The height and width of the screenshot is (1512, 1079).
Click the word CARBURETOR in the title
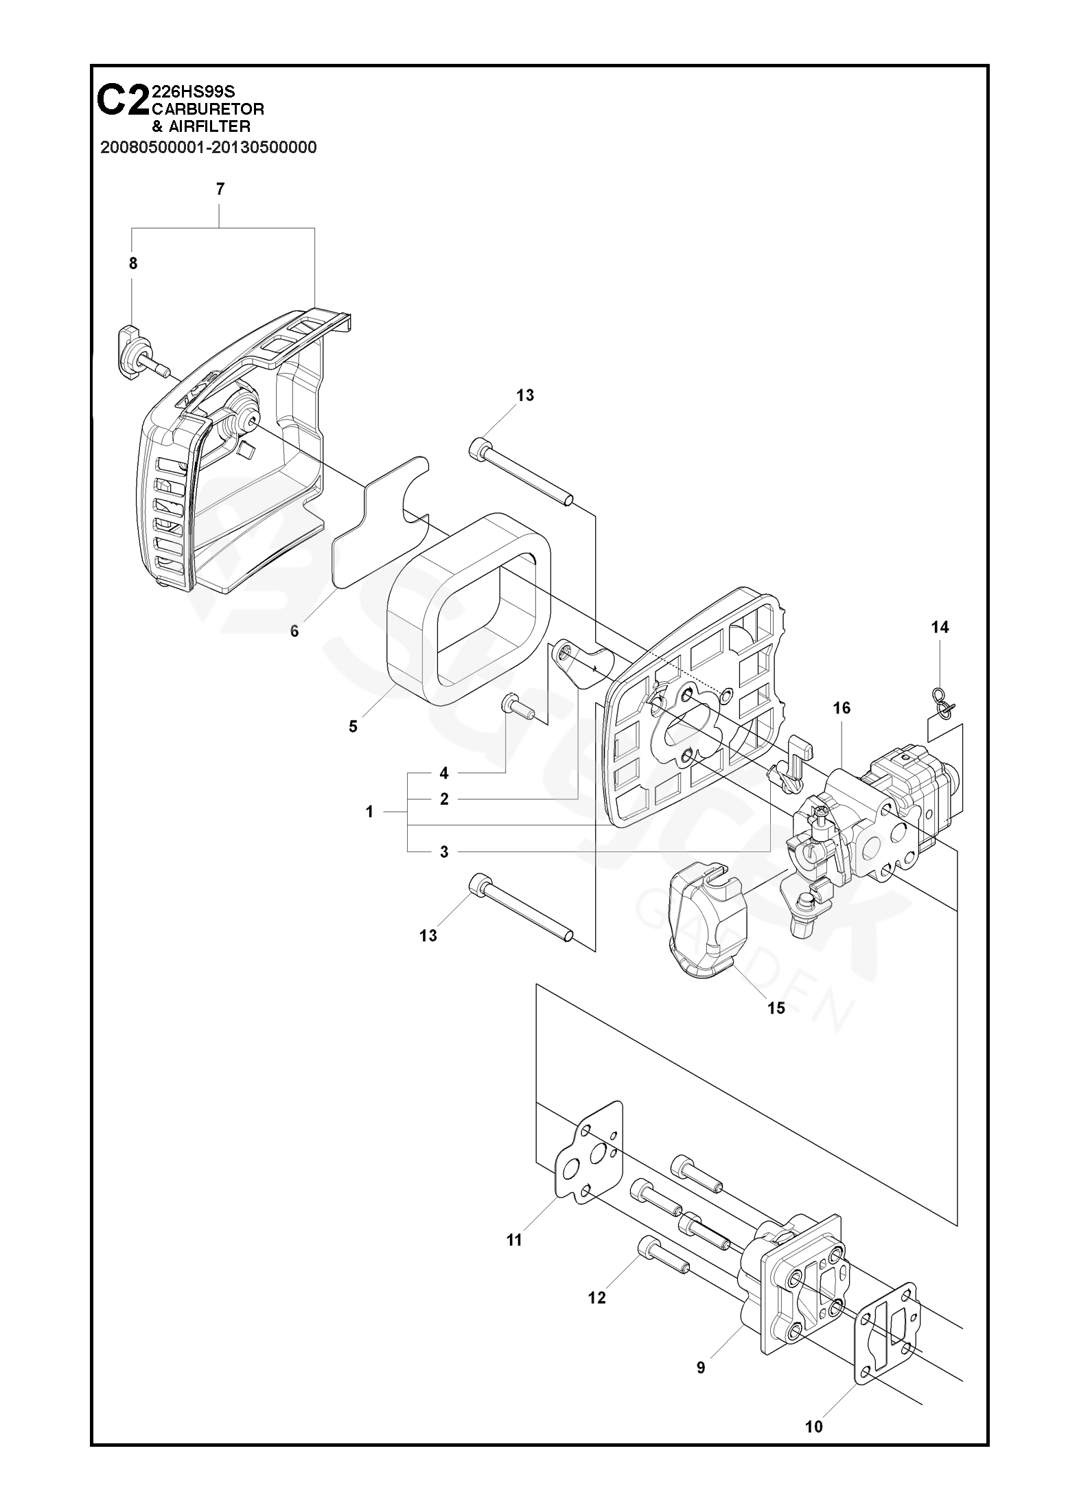coord(208,108)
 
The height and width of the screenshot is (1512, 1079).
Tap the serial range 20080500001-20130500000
coord(209,148)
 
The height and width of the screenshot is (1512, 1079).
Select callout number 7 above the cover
coord(220,190)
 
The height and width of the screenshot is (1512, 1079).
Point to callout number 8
coord(133,264)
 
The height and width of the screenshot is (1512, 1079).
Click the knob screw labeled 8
coord(143,354)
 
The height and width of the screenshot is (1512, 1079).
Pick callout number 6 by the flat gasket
coord(294,631)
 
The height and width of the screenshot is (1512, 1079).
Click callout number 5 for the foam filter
coord(353,726)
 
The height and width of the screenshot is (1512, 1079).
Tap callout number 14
coord(940,627)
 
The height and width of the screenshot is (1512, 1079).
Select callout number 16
coord(842,708)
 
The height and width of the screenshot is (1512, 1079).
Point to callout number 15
coord(776,1008)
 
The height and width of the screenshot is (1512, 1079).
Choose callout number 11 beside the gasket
coord(514,1240)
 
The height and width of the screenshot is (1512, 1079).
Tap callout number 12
coord(597,1298)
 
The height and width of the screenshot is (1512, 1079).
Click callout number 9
coord(701,1368)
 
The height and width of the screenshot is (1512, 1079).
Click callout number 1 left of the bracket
coord(369,812)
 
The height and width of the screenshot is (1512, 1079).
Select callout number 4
coord(444,773)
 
